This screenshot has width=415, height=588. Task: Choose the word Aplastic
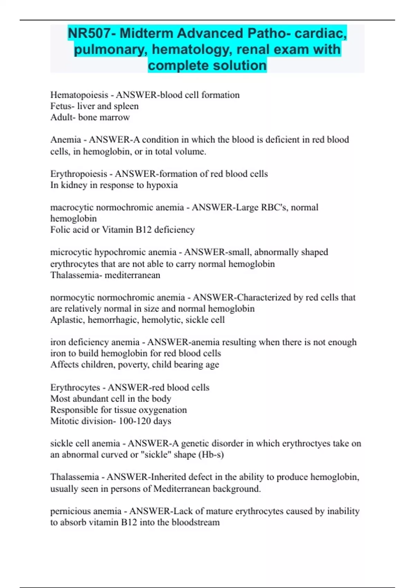coord(67,320)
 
